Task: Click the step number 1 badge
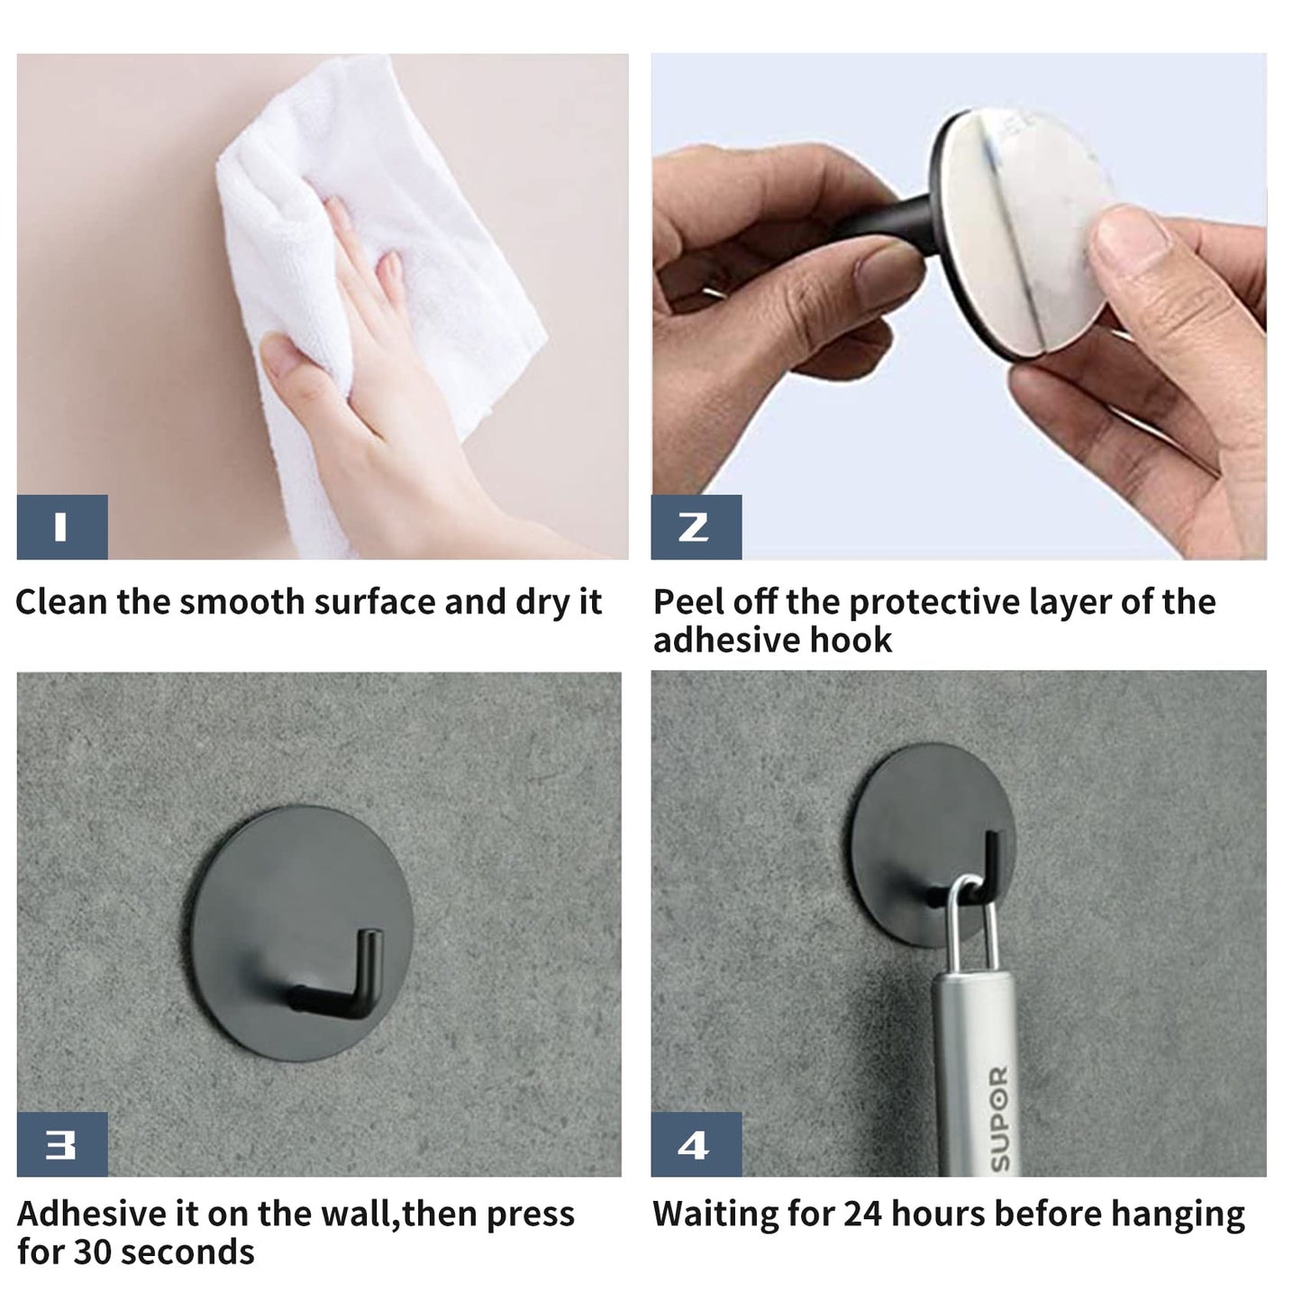coord(62,527)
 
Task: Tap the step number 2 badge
coord(696,527)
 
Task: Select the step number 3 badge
coord(62,1144)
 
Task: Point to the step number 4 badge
coord(696,1144)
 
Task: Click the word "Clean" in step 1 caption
coord(61,602)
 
